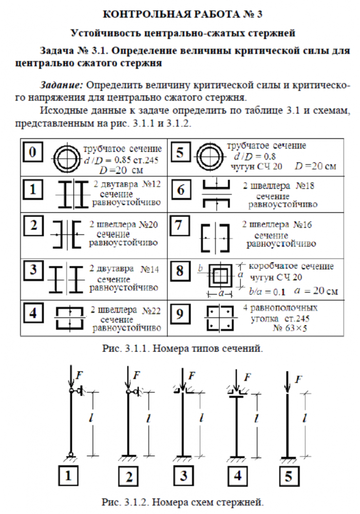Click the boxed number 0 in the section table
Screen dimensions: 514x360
(x=33, y=153)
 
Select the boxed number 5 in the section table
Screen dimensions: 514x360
(x=180, y=153)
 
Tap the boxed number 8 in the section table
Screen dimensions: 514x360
(x=180, y=271)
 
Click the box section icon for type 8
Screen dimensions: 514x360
(x=220, y=278)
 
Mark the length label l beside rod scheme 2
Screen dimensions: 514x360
(x=148, y=419)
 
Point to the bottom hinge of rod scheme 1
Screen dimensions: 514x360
(x=70, y=453)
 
